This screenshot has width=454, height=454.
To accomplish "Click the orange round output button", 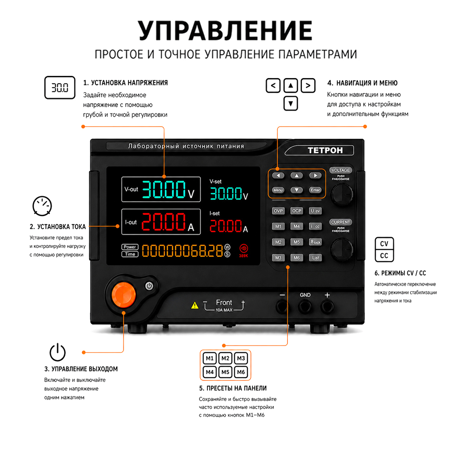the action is pyautogui.click(x=123, y=295).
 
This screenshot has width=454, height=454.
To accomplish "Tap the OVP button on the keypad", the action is pyautogui.click(x=278, y=211).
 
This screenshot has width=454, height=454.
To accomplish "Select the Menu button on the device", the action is pyautogui.click(x=278, y=190).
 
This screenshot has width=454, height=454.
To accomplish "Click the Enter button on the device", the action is pyautogui.click(x=316, y=190).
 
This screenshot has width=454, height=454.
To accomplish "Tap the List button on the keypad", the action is pyautogui.click(x=316, y=258).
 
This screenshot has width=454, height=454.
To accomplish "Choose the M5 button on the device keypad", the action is pyautogui.click(x=297, y=242).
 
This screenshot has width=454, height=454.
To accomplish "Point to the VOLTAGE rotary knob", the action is pyautogui.click(x=342, y=193).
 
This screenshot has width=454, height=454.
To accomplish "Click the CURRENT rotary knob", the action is pyautogui.click(x=342, y=249).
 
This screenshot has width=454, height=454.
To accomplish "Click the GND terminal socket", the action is pyautogui.click(x=305, y=306).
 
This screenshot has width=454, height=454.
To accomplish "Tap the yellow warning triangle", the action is pyautogui.click(x=195, y=305).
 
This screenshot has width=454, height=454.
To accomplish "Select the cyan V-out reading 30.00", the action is pyautogui.click(x=164, y=190).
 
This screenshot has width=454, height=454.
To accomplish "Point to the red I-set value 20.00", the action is pyautogui.click(x=226, y=226).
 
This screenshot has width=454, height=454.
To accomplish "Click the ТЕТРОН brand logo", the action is pyautogui.click(x=325, y=150).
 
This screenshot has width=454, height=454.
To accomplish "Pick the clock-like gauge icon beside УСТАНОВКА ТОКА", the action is pyautogui.click(x=42, y=206).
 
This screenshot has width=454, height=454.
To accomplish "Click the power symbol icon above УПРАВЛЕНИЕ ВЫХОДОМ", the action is pyautogui.click(x=58, y=352).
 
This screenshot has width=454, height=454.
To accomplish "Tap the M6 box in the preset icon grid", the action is pyautogui.click(x=241, y=372).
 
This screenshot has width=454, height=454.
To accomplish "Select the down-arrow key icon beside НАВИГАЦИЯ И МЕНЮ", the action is pyautogui.click(x=291, y=104).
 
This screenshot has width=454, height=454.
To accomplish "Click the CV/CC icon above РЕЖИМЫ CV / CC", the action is pyautogui.click(x=384, y=250).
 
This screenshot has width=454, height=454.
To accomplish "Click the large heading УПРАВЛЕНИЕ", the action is pyautogui.click(x=225, y=31).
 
